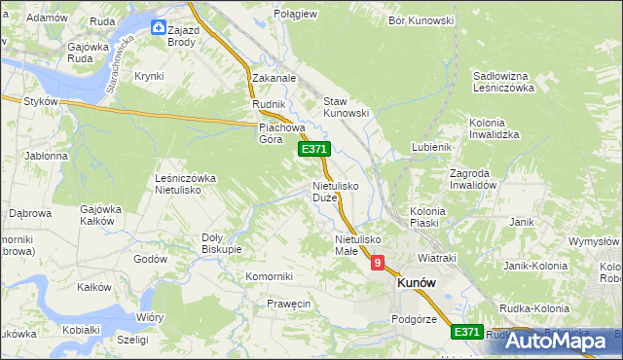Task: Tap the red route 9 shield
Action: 377,263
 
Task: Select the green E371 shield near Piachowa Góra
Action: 314,149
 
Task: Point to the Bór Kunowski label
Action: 421,19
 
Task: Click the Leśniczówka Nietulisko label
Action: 185,185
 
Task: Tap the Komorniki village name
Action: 270,276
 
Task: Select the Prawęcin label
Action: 288,304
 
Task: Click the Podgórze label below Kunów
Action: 413,318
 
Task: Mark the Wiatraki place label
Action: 437,258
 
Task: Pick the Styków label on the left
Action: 42,100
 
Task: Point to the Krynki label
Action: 149,76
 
